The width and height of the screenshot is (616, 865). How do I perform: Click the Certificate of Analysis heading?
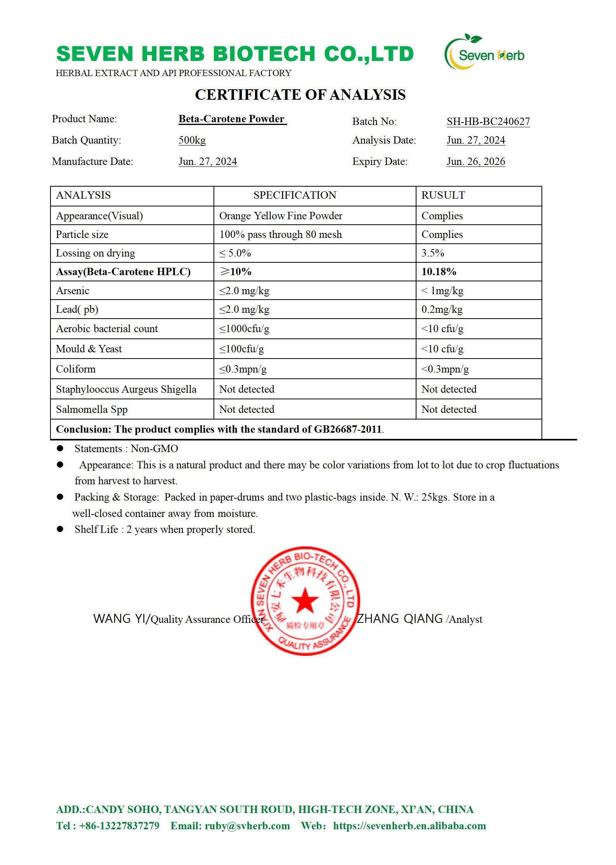click(300, 95)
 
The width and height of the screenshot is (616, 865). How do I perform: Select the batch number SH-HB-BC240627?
click(488, 121)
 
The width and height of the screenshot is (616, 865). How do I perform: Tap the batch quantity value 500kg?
click(192, 140)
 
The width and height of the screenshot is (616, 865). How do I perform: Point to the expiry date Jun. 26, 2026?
click(475, 161)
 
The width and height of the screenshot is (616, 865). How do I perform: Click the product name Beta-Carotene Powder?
click(232, 119)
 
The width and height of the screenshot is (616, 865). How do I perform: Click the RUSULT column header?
click(443, 195)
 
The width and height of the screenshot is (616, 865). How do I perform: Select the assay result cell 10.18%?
click(439, 272)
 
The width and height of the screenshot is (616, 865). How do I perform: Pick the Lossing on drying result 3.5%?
click(432, 253)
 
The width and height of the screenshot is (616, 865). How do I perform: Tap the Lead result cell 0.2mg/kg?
click(442, 309)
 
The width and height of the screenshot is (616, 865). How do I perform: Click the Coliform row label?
click(76, 369)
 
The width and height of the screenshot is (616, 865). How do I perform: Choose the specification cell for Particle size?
click(280, 234)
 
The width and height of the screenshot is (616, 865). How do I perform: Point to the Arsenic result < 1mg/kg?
click(442, 291)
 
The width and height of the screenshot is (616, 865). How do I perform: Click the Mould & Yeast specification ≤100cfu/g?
click(241, 348)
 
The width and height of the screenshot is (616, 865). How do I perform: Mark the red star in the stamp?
click(305, 600)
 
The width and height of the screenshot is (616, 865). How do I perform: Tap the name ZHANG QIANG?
click(400, 619)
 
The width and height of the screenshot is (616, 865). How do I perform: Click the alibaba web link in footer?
click(409, 826)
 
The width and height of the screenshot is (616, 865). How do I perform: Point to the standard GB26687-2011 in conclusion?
click(347, 429)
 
